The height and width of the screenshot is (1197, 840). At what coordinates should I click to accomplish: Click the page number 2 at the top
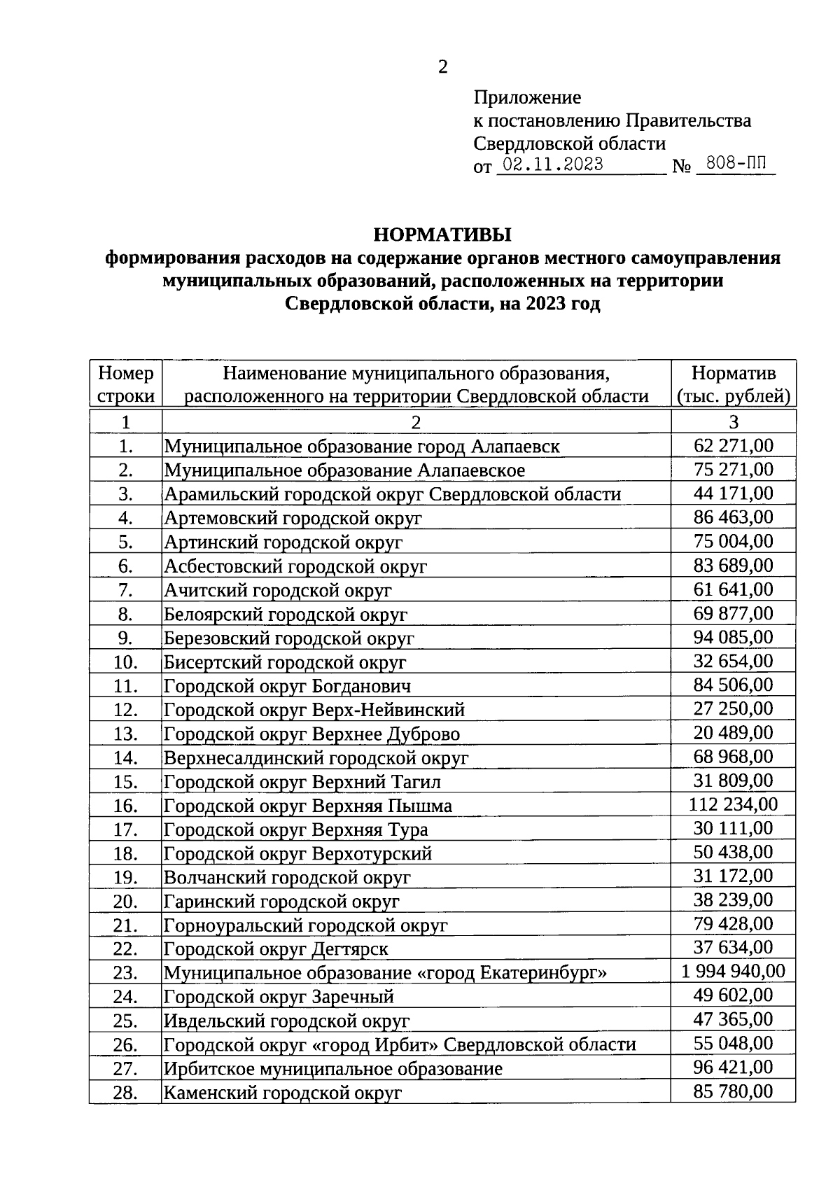click(x=442, y=67)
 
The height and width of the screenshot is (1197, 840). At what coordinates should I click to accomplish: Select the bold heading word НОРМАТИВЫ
click(x=442, y=234)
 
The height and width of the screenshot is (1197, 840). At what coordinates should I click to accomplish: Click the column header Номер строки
click(x=126, y=384)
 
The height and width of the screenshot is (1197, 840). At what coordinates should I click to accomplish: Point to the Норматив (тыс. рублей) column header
click(x=733, y=384)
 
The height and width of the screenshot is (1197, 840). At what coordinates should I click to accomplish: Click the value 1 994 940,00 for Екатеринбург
click(x=733, y=971)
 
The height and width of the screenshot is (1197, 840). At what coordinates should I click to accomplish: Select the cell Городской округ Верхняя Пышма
click(x=308, y=806)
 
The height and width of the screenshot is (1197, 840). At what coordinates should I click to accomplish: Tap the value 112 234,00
click(x=733, y=804)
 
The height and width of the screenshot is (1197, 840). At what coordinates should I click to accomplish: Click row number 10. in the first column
click(x=125, y=662)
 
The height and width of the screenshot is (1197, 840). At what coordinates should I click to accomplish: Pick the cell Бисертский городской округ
click(x=285, y=662)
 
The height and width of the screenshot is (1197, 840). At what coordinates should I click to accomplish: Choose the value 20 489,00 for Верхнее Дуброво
click(x=733, y=733)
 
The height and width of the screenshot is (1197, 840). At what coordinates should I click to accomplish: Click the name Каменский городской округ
click(x=282, y=1092)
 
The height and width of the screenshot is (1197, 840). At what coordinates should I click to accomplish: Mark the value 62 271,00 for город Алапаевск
click(x=733, y=446)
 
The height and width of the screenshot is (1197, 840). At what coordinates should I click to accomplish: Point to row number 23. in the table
click(x=125, y=973)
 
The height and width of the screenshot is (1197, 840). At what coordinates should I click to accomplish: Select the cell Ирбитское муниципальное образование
click(x=332, y=1069)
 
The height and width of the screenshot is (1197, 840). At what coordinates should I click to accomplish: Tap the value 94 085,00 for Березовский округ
click(x=733, y=637)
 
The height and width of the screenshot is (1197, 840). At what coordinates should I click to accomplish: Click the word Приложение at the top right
click(x=527, y=97)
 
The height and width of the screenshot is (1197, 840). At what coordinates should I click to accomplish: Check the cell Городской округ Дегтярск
click(x=276, y=949)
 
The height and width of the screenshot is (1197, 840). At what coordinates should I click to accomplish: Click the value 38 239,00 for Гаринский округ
click(x=733, y=899)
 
